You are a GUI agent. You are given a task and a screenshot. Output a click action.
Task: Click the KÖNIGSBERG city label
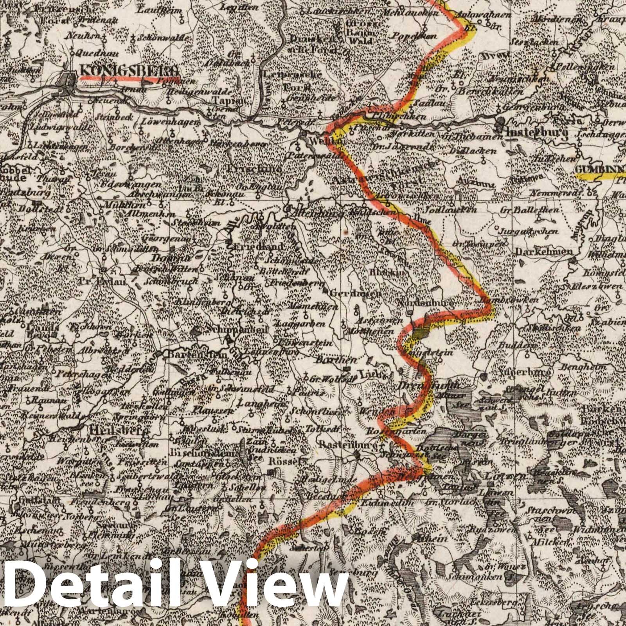[x=129, y=70]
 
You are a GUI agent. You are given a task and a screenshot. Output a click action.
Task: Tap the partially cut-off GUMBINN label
[x=600, y=169]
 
